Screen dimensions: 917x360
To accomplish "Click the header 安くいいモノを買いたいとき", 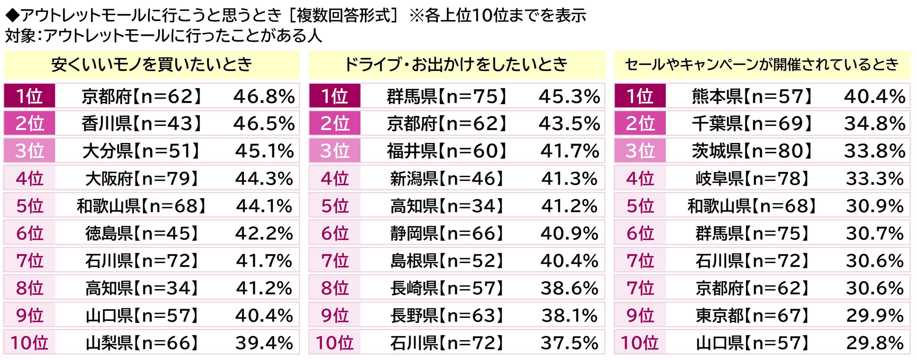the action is tap(152, 64).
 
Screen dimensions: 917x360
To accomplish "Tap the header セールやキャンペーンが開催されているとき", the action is tap(762, 64).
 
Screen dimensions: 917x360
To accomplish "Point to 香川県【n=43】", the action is tap(141, 124).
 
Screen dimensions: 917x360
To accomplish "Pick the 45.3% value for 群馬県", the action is tap(569, 96).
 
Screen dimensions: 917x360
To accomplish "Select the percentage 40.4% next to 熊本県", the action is tap(875, 96).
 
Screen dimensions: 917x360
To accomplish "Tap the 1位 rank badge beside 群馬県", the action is tap(335, 96).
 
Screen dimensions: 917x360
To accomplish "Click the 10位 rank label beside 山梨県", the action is tap(29, 343).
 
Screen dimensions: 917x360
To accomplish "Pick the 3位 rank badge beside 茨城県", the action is tap(640, 151).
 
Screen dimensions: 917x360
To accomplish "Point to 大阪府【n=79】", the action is tap(141, 178).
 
